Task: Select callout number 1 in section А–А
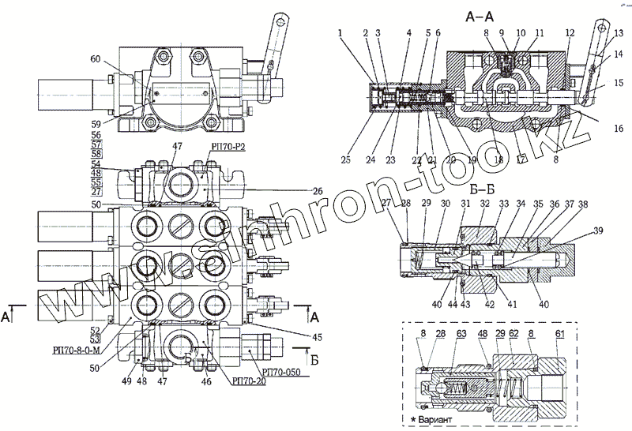click(x=339, y=33)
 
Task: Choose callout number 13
click(x=619, y=33)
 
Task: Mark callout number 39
click(x=599, y=230)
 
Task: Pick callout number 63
click(x=461, y=334)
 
